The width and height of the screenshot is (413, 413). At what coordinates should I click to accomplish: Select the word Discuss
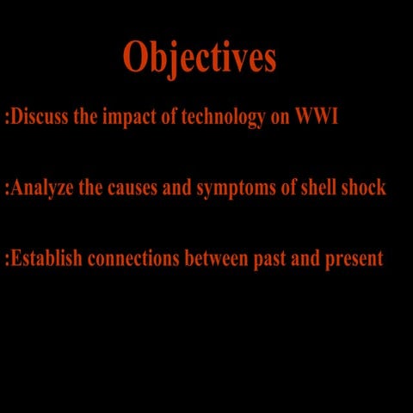(40, 117)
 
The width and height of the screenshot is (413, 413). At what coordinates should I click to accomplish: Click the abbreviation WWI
(317, 117)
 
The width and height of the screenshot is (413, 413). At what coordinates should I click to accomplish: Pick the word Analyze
(43, 188)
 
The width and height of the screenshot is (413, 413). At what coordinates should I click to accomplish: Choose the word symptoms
(237, 188)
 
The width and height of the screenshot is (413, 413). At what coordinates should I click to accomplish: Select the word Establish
(46, 258)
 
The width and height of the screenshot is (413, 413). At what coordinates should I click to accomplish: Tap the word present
(354, 259)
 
